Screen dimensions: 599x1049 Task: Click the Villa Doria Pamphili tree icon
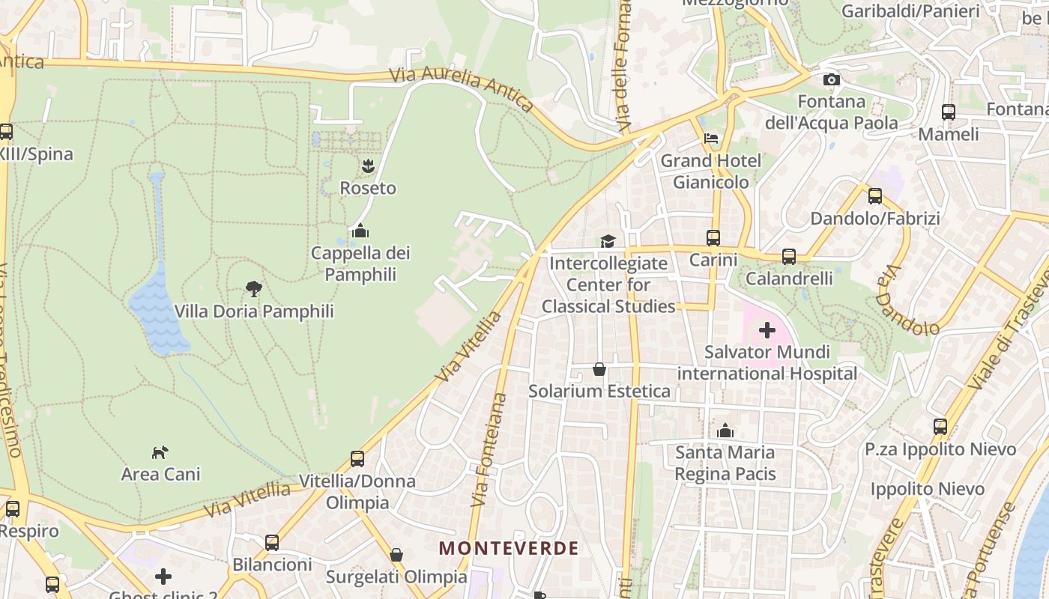click(254, 288)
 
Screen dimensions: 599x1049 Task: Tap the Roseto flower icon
click(367, 166)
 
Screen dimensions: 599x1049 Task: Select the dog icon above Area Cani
click(160, 451)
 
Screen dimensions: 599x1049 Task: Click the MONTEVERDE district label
click(509, 548)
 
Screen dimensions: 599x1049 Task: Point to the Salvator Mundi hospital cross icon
click(767, 329)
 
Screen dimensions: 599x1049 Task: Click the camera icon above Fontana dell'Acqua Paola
click(831, 79)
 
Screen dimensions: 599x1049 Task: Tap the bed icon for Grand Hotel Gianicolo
click(711, 139)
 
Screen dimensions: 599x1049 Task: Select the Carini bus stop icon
click(713, 238)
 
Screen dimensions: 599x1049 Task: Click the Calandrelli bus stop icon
click(789, 257)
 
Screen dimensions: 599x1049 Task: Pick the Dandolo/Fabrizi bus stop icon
click(874, 196)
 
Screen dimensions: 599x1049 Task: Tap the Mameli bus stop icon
click(948, 112)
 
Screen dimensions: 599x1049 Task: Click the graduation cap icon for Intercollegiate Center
click(608, 241)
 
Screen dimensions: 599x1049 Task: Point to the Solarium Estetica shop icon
click(599, 368)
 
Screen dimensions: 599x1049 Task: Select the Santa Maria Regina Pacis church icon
click(725, 431)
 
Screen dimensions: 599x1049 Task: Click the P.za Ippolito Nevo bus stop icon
click(940, 427)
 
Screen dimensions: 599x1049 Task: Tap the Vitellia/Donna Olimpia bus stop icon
click(357, 458)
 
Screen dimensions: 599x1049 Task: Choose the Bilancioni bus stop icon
click(272, 542)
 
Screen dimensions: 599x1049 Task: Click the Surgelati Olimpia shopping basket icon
click(396, 555)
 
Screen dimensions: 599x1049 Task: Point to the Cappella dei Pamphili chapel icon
click(360, 231)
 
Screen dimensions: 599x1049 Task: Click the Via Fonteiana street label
click(490, 449)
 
